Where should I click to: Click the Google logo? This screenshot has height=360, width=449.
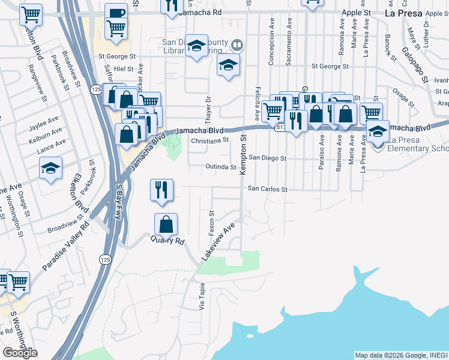(20, 353)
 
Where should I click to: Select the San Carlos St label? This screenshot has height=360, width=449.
(268, 189)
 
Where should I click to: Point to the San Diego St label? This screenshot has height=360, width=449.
(268, 158)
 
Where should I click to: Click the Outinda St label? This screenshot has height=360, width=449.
(217, 167)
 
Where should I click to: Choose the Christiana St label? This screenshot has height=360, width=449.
(210, 140)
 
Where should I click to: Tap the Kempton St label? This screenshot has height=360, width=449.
(244, 155)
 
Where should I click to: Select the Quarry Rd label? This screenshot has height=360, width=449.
(170, 241)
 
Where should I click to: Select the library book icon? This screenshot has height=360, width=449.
(238, 44)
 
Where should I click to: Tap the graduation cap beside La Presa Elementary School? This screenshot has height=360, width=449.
(378, 130)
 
